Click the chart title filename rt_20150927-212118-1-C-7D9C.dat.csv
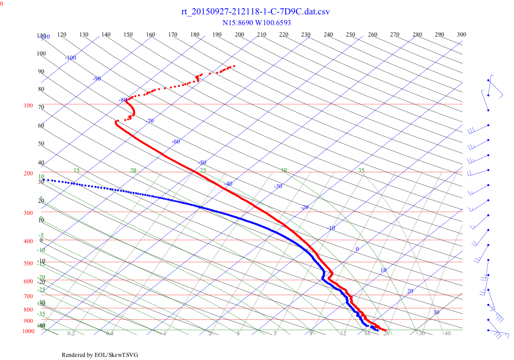tap(255, 12)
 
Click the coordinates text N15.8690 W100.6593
tap(256, 23)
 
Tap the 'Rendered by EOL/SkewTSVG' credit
tap(100, 355)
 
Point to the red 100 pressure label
tap(28, 105)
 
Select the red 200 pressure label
tap(28, 173)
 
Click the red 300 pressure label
tap(28, 213)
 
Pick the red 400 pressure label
tap(28, 241)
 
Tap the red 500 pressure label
tap(28, 263)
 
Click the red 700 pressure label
tap(28, 296)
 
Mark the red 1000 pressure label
tap(28, 331)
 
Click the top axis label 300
tap(462, 34)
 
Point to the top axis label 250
tap(351, 34)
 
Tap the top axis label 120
tap(62, 34)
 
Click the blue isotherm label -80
tap(123, 100)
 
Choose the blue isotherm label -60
tap(176, 141)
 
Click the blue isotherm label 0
tap(357, 249)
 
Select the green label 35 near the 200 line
tap(361, 170)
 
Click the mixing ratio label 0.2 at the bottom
tap(71, 333)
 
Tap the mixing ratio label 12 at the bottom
tap(343, 333)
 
